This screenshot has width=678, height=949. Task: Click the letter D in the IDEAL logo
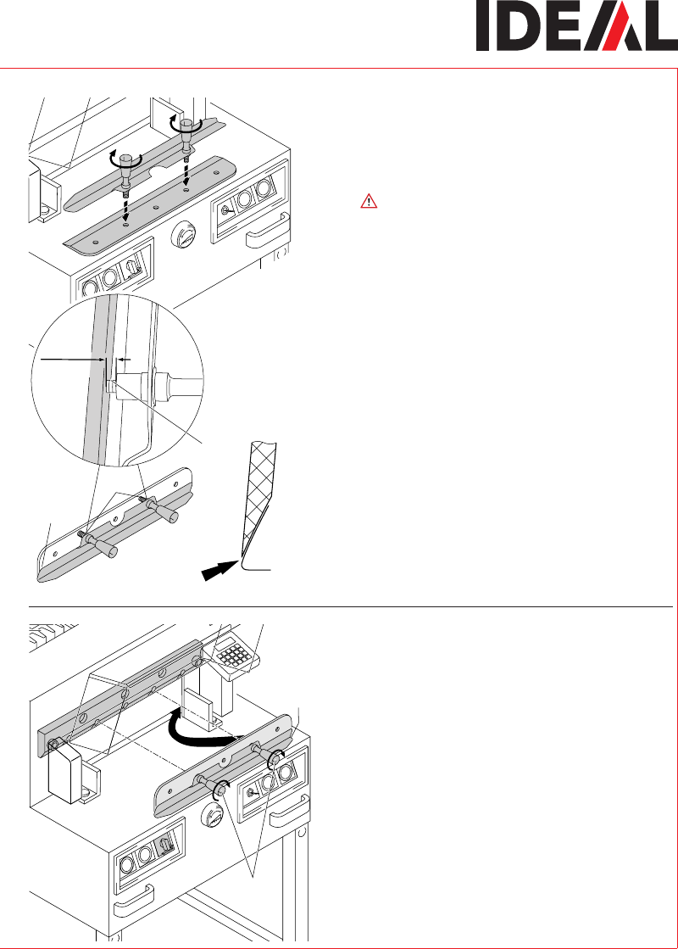(518, 26)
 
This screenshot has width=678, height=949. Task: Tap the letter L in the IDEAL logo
(660, 26)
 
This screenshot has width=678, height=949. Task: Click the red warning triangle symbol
(369, 201)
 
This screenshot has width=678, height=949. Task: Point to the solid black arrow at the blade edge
(220, 571)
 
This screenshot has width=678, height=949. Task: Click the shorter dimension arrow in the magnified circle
(125, 360)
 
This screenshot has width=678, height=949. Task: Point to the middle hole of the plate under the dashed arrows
(155, 207)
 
